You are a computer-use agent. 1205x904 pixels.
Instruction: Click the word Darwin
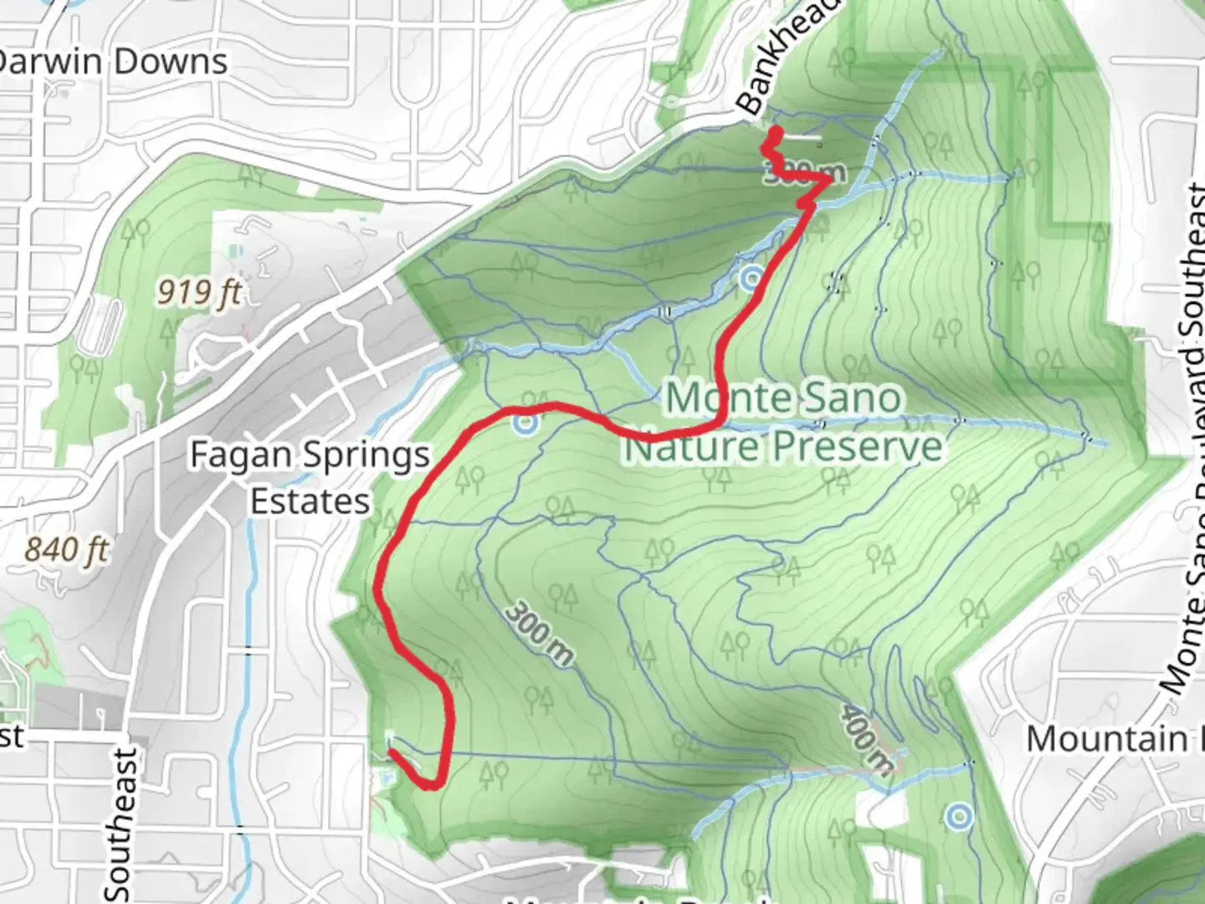[x=50, y=61]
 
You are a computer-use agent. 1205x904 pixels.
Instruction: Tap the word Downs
[x=171, y=61]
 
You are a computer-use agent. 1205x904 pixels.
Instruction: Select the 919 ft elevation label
[x=199, y=292]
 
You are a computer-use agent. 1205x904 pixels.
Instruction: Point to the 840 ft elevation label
[x=67, y=550]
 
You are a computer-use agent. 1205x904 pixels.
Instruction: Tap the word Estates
[x=310, y=501]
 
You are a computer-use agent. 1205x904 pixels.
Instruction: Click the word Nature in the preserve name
[x=686, y=447]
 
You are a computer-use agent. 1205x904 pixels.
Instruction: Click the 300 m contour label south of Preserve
[x=539, y=633]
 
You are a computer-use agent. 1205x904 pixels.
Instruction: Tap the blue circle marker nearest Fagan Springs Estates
[x=525, y=424]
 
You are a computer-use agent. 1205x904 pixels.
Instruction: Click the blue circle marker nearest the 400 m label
[x=958, y=814]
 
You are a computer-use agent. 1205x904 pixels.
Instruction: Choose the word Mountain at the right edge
[x=1105, y=740]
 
